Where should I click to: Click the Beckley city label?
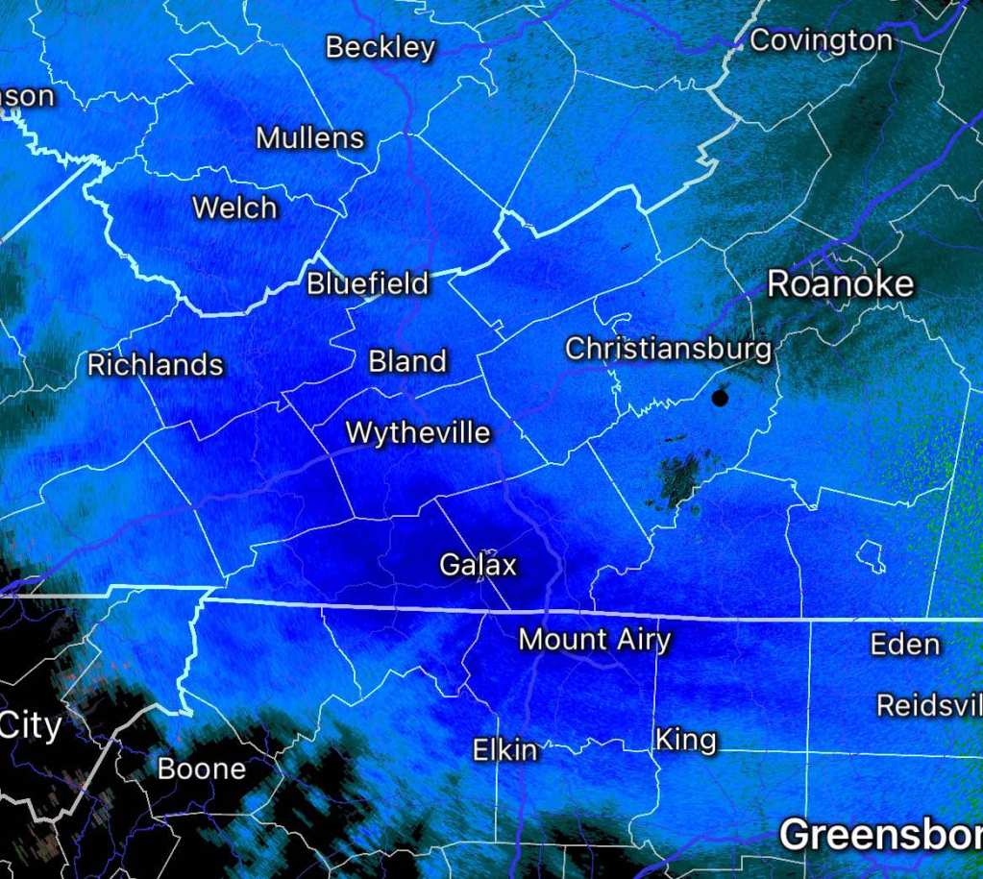[x=381, y=47]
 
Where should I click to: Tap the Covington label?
[x=821, y=40]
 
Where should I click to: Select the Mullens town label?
[x=309, y=138]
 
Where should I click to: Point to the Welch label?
[x=234, y=208]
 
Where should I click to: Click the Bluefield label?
[x=367, y=284]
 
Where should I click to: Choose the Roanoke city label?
[x=840, y=284]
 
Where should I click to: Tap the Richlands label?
[x=155, y=365]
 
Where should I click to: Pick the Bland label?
[x=407, y=361]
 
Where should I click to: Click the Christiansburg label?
[x=668, y=349]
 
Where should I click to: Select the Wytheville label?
[x=418, y=433]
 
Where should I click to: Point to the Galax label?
[x=478, y=565]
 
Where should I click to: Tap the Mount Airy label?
[x=594, y=639]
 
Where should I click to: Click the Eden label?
[x=904, y=644]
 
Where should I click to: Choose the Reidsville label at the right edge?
[x=929, y=705]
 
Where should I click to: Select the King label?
[x=685, y=740]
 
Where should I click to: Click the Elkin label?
[x=504, y=750]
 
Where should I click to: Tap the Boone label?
[x=201, y=769]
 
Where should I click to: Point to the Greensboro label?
[x=879, y=836]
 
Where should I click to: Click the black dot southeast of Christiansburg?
[x=721, y=398]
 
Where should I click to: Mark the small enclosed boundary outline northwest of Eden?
[x=871, y=553]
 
